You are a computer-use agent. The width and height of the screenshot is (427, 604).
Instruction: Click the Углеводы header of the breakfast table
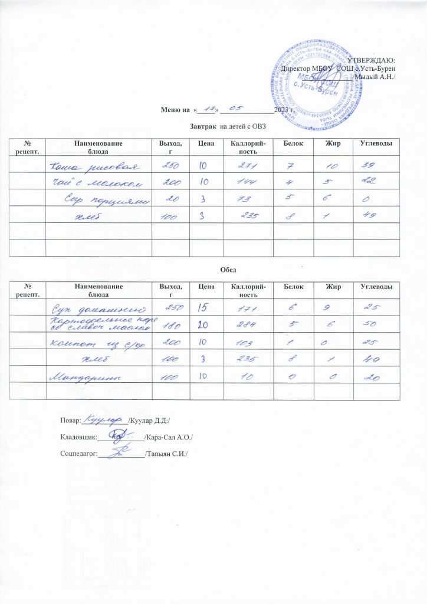coord(373,145)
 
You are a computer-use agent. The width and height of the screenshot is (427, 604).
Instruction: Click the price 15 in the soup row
coord(202,307)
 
